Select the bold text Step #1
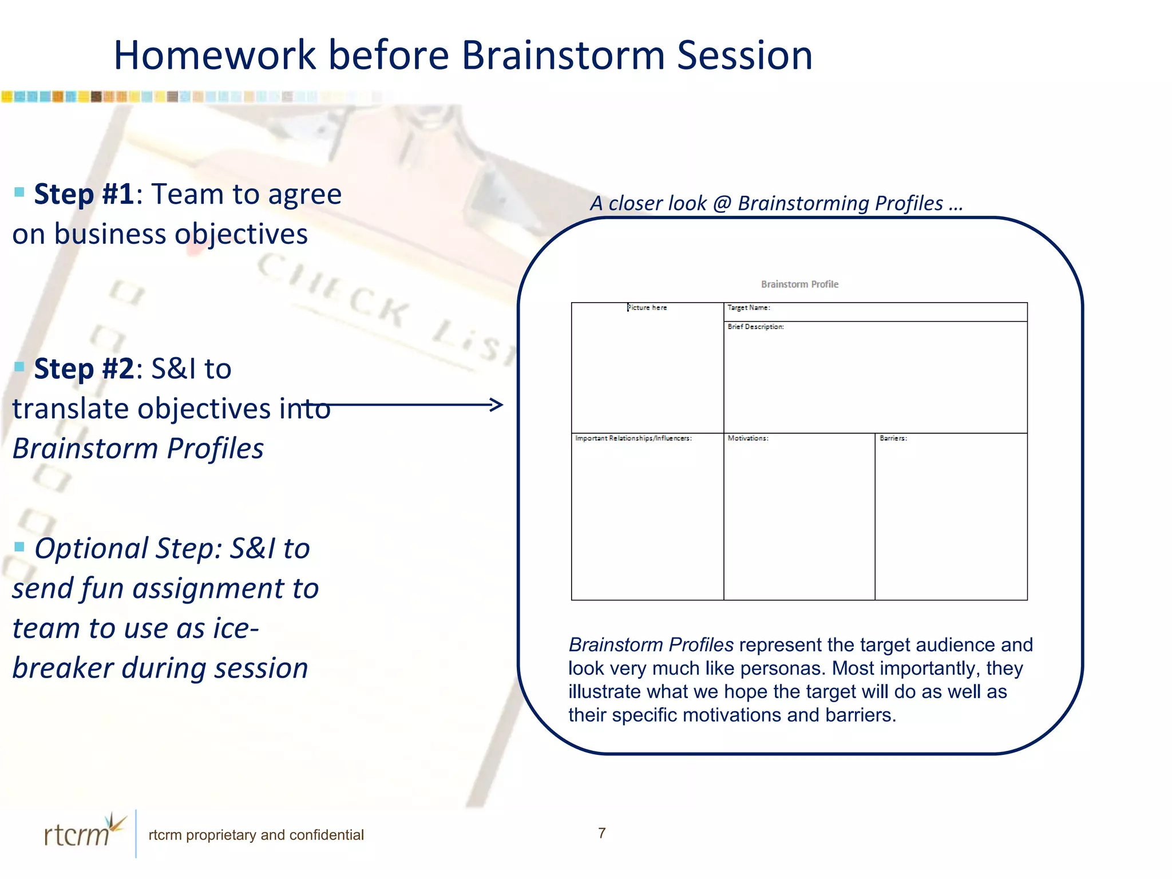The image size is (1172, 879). [x=84, y=194]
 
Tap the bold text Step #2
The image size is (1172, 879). [x=84, y=369]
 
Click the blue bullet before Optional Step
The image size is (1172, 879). [x=19, y=547]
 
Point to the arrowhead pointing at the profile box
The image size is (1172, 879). [x=497, y=405]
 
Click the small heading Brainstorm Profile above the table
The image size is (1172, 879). [x=799, y=284]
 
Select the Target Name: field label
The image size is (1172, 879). [x=749, y=308]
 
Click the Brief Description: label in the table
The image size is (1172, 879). [x=755, y=327]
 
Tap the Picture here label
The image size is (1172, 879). [x=647, y=308]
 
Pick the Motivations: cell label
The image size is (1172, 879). [x=747, y=438]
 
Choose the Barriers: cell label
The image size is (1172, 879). [x=893, y=438]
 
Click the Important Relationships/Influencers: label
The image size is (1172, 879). [x=633, y=438]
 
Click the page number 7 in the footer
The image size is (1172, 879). [x=601, y=833]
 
